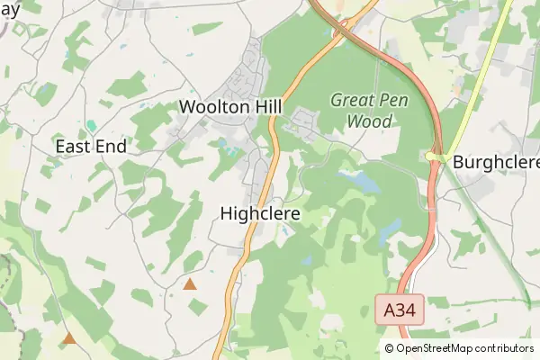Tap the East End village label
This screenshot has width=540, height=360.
pyautogui.click(x=90, y=146)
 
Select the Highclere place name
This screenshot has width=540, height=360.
pyautogui.click(x=260, y=214)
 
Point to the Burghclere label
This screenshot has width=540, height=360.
pyautogui.click(x=496, y=163)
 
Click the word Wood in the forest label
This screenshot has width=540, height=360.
pyautogui.click(x=370, y=121)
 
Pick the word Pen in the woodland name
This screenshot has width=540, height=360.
pyautogui.click(x=391, y=100)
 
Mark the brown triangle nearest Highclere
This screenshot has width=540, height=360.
pyautogui.click(x=190, y=284)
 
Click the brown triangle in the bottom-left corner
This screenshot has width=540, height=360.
pyautogui.click(x=69, y=338)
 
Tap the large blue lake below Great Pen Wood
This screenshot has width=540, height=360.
pyautogui.click(x=364, y=183)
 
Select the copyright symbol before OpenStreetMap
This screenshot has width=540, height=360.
pyautogui.click(x=390, y=348)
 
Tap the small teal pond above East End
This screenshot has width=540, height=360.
pyautogui.click(x=90, y=126)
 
